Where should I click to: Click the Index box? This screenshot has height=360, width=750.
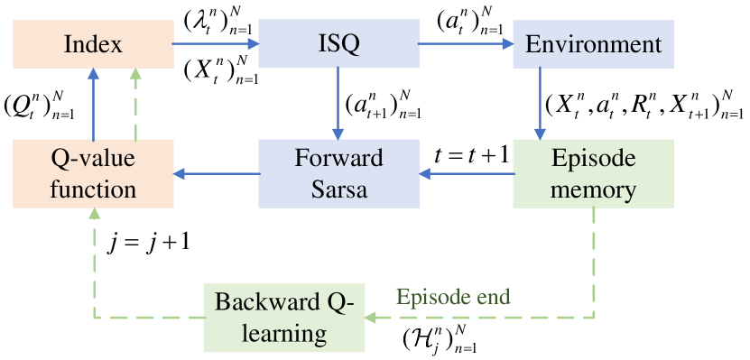click(93, 43)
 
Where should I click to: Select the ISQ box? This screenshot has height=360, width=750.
click(338, 43)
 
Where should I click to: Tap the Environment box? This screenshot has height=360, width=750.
click(593, 43)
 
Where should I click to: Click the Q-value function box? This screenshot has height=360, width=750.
click(93, 173)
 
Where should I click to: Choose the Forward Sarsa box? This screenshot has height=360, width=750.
click(338, 173)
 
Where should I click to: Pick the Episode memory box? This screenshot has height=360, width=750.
click(593, 173)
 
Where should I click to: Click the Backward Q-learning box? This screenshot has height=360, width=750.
click(284, 317)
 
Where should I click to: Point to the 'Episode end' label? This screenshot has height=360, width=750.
click(454, 297)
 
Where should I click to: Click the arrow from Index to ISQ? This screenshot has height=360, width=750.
click(215, 42)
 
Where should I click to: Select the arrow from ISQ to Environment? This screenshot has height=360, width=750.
click(465, 42)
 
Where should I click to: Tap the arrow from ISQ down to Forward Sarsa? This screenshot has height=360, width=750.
click(338, 104)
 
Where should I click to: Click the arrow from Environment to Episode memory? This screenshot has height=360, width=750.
click(540, 104)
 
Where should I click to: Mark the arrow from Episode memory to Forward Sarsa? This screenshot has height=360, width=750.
click(465, 173)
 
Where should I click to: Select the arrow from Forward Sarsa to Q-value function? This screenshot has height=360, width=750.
click(217, 173)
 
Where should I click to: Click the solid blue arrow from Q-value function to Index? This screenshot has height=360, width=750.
click(93, 104)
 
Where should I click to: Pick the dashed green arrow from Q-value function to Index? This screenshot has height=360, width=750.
click(135, 104)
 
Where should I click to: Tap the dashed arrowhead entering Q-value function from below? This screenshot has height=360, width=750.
click(93, 215)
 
